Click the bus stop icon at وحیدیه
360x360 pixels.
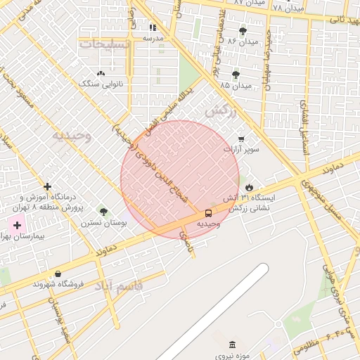point(208,212)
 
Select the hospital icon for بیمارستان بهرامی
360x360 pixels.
point(17,226)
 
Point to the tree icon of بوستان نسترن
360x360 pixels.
point(104,211)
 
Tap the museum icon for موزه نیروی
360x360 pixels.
point(233,344)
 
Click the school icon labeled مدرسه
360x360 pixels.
point(153,27)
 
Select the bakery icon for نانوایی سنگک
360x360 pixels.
point(101,72)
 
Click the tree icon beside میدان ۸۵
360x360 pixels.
point(236,74)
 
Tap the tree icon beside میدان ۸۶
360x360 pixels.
point(243,30)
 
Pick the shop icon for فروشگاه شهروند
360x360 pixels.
point(57,274)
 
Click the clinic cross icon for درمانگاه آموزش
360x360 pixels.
point(47,186)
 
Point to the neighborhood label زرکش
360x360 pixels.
point(218,111)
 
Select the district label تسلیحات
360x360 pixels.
point(105,44)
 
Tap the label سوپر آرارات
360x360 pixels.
point(242,150)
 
